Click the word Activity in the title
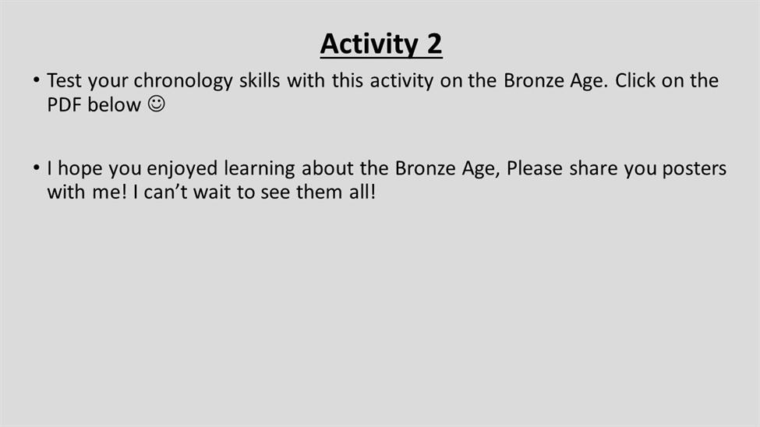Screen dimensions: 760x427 click(369, 44)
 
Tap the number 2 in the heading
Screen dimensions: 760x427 click(434, 44)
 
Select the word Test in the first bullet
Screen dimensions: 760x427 click(65, 80)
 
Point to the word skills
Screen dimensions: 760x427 click(260, 80)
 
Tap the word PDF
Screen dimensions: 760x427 click(64, 104)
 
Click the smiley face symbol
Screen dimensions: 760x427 click(157, 104)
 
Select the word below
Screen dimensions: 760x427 click(114, 104)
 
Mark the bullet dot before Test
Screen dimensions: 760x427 click(37, 80)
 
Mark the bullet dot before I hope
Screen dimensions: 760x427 click(37, 168)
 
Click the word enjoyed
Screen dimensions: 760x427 click(182, 169)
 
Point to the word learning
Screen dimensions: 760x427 click(260, 169)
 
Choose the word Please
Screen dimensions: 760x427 click(535, 168)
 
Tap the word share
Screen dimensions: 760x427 click(593, 168)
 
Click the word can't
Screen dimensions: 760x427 click(165, 192)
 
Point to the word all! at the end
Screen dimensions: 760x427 click(362, 192)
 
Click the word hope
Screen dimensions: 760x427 click(80, 169)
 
